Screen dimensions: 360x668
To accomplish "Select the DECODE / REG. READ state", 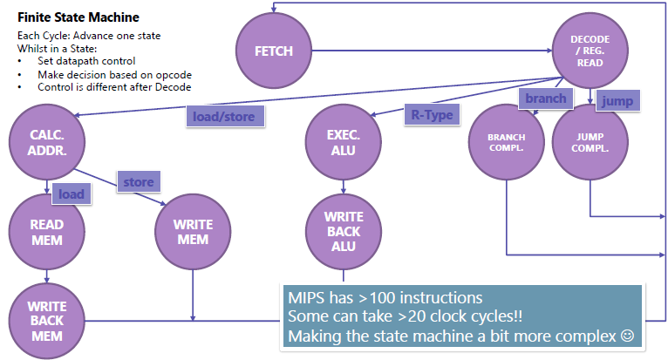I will (x=590, y=51).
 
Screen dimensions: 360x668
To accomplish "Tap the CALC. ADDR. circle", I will (x=45, y=140).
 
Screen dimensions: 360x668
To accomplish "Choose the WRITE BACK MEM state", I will (x=46, y=320).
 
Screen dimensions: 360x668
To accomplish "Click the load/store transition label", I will (x=225, y=117).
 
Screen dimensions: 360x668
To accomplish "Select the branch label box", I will (x=545, y=99).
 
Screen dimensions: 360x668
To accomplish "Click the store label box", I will (x=139, y=182).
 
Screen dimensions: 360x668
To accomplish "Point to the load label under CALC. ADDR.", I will (x=72, y=194).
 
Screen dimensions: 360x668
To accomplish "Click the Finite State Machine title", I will (x=78, y=17).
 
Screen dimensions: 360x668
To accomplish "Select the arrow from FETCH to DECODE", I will (x=436, y=51).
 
